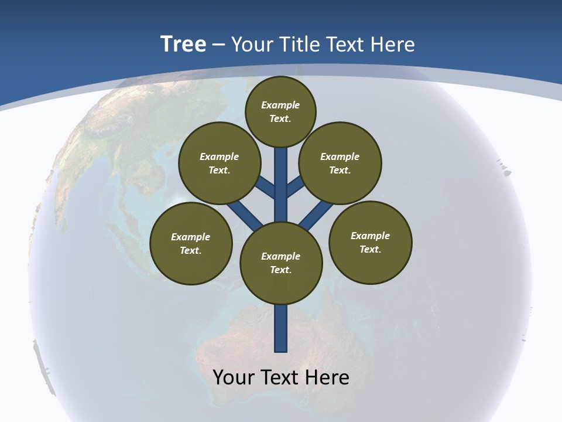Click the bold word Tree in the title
183,44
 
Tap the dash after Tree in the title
219,45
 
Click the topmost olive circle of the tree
280,111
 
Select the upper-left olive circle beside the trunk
219,163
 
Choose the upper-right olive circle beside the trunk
340,163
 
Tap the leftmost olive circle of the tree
190,243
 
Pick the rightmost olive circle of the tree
370,242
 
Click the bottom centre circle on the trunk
280,263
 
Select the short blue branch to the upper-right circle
294,187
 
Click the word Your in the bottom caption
233,377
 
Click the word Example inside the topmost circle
280,105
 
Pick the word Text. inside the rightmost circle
370,249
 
